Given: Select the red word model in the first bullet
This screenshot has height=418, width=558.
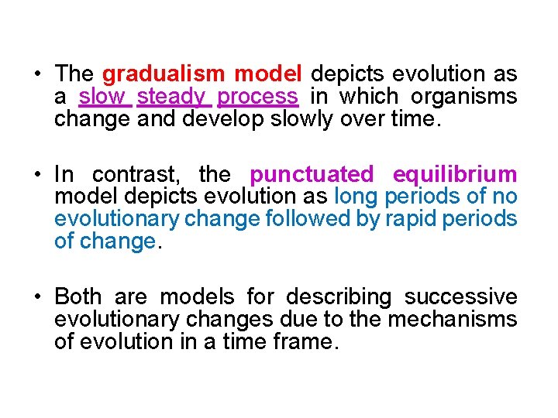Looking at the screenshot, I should click(268, 74).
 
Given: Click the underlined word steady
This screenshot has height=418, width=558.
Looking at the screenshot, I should click(171, 97).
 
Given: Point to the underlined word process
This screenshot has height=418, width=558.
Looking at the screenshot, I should click(258, 97).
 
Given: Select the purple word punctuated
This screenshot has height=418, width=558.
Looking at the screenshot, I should click(312, 174).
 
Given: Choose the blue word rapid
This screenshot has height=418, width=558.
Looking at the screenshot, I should click(408, 219).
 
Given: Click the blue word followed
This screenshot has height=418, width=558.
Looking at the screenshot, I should click(307, 219).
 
